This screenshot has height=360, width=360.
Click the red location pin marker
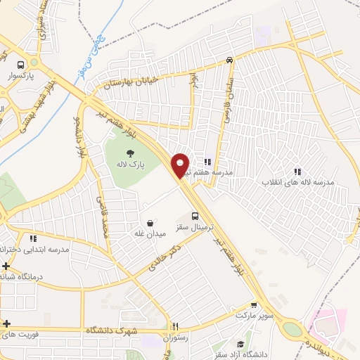pyautogui.click(x=181, y=165)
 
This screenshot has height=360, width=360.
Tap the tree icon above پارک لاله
pyautogui.click(x=130, y=153)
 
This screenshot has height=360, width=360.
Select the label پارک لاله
pyautogui.click(x=131, y=164)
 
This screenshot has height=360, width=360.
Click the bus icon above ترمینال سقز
pyautogui.click(x=196, y=216)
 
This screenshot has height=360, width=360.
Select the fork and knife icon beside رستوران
pyautogui.click(x=176, y=326)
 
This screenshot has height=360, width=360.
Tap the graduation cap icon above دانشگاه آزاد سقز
pyautogui.click(x=240, y=343)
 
